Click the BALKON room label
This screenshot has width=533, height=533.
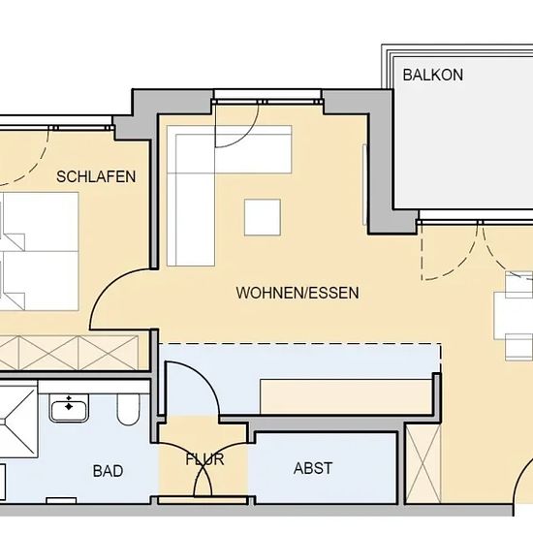pyautogui.click(x=433, y=75)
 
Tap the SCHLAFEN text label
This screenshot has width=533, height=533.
pyautogui.click(x=96, y=176)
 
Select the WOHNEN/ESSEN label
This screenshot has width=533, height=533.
pyautogui.click(x=298, y=293)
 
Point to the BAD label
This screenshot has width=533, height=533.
pyautogui.click(x=108, y=471)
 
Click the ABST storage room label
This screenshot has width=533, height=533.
pyautogui.click(x=313, y=468)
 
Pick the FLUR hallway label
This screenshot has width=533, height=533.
pyautogui.click(x=204, y=459)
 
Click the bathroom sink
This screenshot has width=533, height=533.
pyautogui.click(x=69, y=408)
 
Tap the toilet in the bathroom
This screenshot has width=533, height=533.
pyautogui.click(x=128, y=410)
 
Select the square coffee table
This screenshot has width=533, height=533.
pyautogui.click(x=263, y=217)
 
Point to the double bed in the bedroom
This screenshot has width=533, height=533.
pyautogui.click(x=39, y=252)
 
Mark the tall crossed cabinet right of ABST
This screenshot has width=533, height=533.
pyautogui.click(x=423, y=463)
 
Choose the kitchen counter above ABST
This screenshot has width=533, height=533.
pyautogui.click(x=346, y=396)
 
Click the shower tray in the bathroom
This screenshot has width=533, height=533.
pyautogui.click(x=18, y=420)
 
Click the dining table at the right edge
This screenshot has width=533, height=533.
pyautogui.click(x=514, y=316)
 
